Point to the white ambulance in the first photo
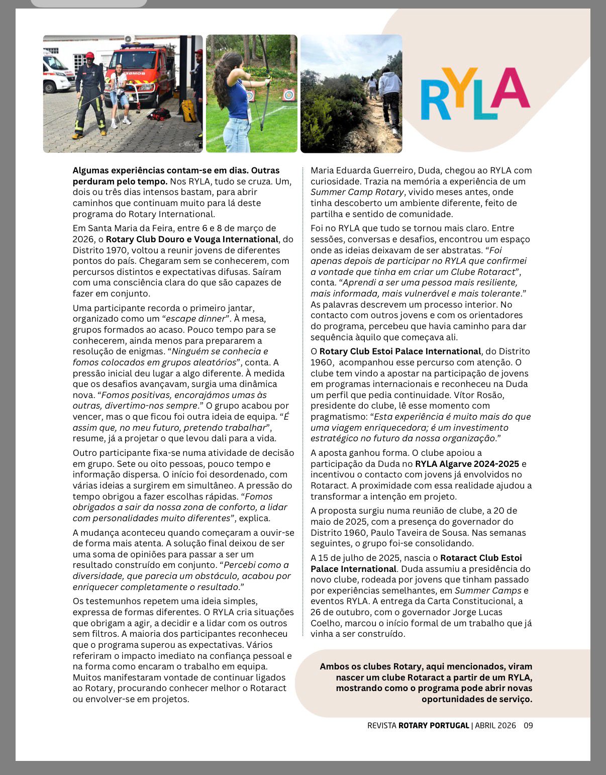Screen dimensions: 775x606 [57, 73]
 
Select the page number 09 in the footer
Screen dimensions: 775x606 [528, 725]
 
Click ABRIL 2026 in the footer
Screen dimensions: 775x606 [495, 725]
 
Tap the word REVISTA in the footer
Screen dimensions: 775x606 [381, 725]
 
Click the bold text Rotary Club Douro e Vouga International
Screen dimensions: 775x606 [192, 239]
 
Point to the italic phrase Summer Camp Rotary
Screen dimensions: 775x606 [357, 192]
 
